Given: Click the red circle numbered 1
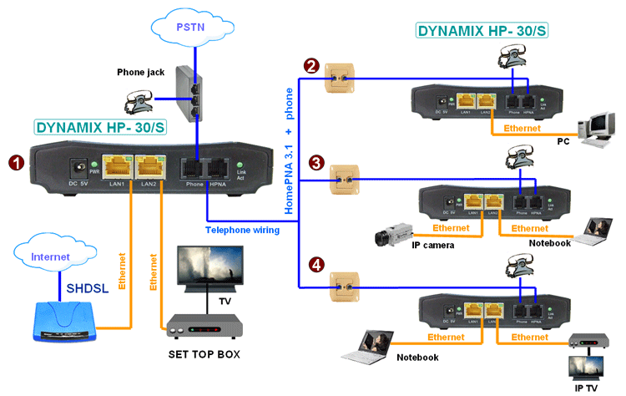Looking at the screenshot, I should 15,160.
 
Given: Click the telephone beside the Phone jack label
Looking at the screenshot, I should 136,101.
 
